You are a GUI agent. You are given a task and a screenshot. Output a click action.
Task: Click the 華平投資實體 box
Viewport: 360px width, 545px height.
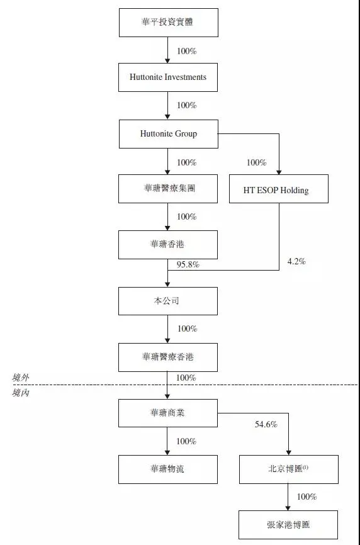pos(169,23)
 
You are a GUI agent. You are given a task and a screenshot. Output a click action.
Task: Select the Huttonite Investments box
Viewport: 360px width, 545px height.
pos(168,77)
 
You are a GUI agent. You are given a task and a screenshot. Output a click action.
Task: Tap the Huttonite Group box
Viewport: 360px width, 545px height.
pos(169,134)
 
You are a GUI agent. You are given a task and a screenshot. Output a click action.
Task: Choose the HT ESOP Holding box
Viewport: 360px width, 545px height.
pos(279,189)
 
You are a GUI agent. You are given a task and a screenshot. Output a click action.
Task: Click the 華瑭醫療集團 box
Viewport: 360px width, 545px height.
pos(168,189)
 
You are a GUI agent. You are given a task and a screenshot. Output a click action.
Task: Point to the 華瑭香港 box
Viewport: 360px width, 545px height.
pos(168,245)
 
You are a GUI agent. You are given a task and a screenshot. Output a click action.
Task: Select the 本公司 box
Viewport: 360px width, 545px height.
pos(168,301)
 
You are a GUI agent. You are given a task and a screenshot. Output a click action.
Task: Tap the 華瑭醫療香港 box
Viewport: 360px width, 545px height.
pos(168,357)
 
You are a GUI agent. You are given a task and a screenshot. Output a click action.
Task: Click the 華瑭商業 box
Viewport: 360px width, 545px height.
pos(168,413)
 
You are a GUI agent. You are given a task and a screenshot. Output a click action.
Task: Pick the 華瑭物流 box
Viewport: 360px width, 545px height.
pos(168,469)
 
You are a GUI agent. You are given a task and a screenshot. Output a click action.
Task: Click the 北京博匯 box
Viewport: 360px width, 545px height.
pos(289,469)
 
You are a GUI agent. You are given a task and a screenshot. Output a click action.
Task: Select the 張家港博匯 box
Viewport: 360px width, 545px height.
pos(288,525)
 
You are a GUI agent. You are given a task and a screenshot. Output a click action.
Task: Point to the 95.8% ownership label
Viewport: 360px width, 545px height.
pos(188,265)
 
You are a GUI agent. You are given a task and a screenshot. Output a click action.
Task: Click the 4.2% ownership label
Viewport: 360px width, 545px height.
pos(296,261)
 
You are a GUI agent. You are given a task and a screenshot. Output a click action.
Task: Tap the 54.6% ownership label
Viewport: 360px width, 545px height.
pos(266,424)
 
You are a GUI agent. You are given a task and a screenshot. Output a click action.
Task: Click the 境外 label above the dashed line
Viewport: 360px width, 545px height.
pos(20,378)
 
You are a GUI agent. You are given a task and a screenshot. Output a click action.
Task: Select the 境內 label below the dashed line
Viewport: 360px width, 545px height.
pos(20,393)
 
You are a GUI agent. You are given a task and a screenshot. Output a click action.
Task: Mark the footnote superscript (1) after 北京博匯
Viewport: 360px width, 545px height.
pos(305,468)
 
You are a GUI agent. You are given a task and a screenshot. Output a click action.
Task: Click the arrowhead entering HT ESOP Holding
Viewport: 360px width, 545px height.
pos(279,172)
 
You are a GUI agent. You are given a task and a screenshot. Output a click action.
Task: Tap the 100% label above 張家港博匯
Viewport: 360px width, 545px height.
pos(307,497)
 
